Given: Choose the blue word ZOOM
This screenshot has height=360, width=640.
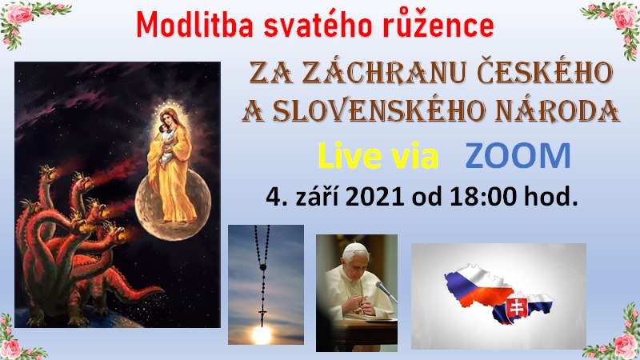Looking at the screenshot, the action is coord(518,156).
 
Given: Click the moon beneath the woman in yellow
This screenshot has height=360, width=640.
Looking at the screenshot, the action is coord(173,204).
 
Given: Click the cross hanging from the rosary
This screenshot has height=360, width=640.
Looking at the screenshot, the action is coord(262,315).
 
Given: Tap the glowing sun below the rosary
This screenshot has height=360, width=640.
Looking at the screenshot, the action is coord(262,334).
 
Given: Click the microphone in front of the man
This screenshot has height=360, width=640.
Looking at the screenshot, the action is coord(386,291).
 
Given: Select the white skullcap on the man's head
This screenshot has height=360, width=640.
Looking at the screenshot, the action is coord(354,247).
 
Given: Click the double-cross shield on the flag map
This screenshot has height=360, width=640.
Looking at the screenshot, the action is coord(515,307).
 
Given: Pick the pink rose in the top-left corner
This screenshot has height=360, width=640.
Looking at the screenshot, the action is coord(17,13).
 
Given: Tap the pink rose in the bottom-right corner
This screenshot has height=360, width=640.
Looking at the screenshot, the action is coord(625,345).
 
